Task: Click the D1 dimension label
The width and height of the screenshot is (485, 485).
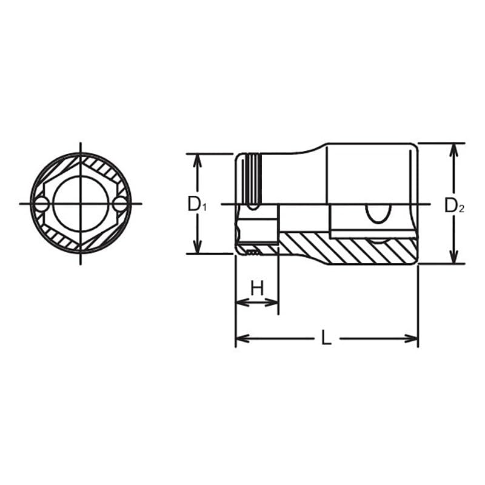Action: click(x=196, y=204)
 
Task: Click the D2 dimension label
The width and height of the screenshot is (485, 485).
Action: click(x=454, y=206)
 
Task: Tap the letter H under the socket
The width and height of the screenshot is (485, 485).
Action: click(x=257, y=288)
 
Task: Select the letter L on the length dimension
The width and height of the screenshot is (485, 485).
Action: click(x=326, y=338)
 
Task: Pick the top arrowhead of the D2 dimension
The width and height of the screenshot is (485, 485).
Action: click(x=453, y=149)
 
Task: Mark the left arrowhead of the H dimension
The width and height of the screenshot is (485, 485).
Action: click(x=241, y=302)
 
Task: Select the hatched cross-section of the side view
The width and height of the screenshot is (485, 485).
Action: click(x=346, y=249)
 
